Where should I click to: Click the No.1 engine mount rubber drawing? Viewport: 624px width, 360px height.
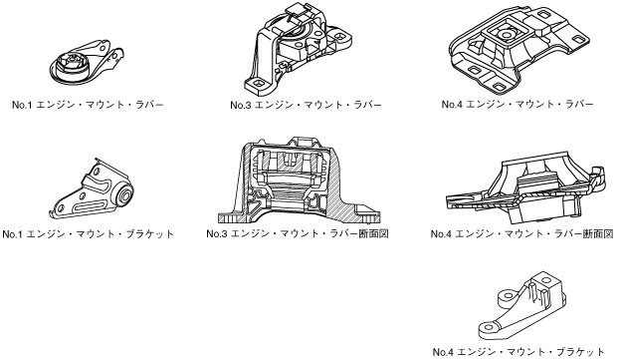(87, 64)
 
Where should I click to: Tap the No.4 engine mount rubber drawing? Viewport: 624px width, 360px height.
(519, 49)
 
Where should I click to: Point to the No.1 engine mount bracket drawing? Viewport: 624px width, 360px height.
(92, 189)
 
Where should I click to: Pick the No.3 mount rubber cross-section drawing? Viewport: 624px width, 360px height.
(299, 180)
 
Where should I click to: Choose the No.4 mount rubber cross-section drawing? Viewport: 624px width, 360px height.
(526, 188)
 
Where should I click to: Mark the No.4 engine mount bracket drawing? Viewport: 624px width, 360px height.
(522, 305)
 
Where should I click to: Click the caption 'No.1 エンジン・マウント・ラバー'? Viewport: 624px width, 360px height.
(88, 106)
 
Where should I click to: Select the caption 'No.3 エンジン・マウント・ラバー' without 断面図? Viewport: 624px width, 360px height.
(307, 106)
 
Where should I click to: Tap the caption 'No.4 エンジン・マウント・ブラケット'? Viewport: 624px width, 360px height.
(519, 352)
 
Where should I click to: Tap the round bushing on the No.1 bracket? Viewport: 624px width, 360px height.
(124, 195)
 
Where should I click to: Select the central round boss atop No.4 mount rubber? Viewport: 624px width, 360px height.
(506, 35)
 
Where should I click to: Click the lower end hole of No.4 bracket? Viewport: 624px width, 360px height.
(489, 329)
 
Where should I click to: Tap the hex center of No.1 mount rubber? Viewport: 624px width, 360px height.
(73, 60)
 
